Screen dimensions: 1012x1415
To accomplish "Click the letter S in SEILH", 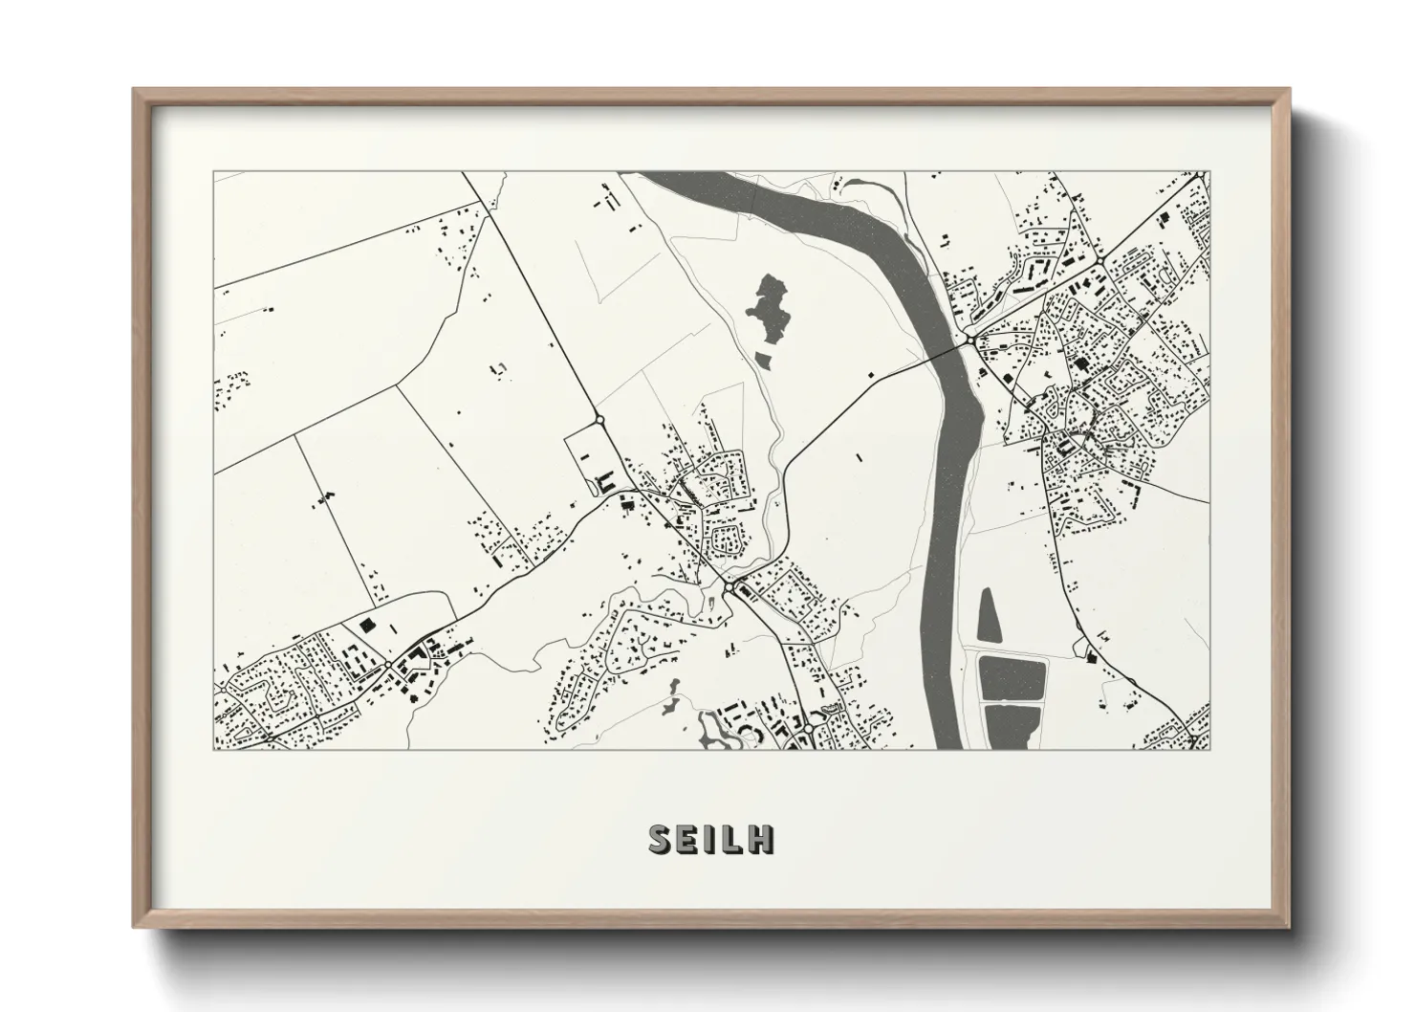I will pyautogui.click(x=661, y=839).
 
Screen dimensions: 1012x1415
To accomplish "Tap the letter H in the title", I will pyautogui.click(x=762, y=839).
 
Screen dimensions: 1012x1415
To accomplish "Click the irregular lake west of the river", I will pyautogui.click(x=769, y=309).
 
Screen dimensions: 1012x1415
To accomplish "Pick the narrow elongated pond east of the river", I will pyautogui.click(x=990, y=614).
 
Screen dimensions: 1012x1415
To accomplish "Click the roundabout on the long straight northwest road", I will pyautogui.click(x=599, y=419).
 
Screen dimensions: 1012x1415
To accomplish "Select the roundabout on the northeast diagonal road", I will pyautogui.click(x=1101, y=259).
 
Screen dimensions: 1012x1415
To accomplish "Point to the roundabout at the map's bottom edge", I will pyautogui.click(x=808, y=728).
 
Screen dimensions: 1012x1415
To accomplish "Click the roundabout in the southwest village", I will pyautogui.click(x=387, y=664).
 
